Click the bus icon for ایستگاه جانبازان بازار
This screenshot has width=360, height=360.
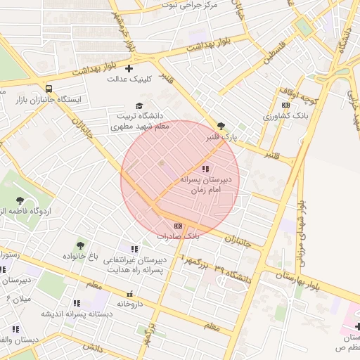48,89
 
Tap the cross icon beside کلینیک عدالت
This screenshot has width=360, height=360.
128,68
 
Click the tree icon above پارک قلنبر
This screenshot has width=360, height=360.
221,126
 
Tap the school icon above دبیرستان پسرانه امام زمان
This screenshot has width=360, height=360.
205,169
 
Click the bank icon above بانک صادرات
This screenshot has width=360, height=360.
177,226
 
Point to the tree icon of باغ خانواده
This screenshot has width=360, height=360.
79,245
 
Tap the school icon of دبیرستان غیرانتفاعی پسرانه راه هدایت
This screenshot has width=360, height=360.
134,248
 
